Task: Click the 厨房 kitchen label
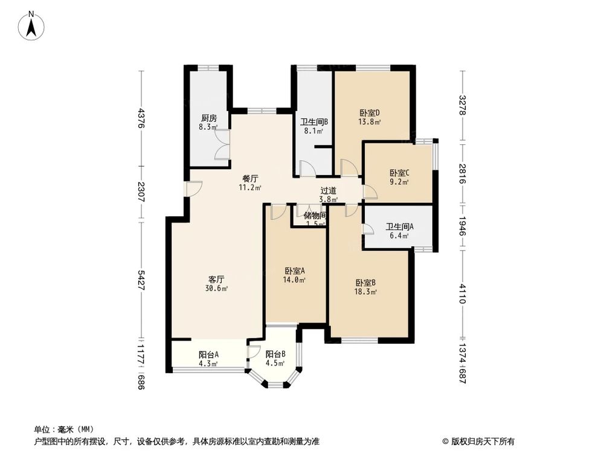[x=209, y=118]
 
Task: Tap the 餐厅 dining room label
[x=251, y=179]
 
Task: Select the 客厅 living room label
[x=217, y=280]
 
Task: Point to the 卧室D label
[x=368, y=113]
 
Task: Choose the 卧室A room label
[x=295, y=271]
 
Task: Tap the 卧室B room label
[x=366, y=283]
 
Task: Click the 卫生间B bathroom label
[x=313, y=121]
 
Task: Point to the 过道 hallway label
[x=329, y=190]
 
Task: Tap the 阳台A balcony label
[x=208, y=355]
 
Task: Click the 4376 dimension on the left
[x=141, y=118]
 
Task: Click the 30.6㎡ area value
[x=217, y=289]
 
